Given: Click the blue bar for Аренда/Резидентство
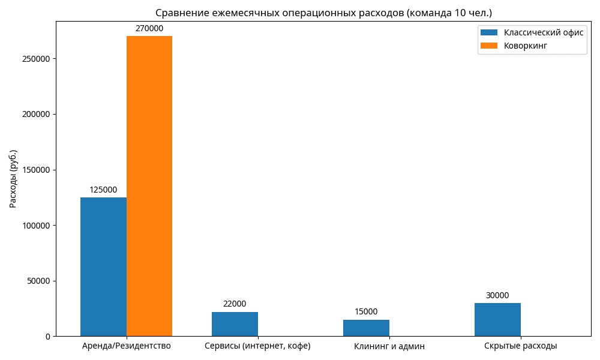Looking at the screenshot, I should [x=103, y=266].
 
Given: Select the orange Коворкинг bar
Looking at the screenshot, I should [x=149, y=186].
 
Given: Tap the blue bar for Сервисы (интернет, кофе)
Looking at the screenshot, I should [x=235, y=324].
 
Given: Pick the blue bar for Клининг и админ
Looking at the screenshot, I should [x=366, y=328].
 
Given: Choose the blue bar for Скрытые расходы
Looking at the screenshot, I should [x=497, y=319].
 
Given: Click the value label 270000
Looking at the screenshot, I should [x=149, y=28].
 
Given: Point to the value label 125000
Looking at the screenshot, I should [x=103, y=190].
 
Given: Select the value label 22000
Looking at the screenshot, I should [x=235, y=304].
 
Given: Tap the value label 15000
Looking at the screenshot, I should [x=366, y=312].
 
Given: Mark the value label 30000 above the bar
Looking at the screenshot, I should [x=497, y=295].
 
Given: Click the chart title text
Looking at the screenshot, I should [x=323, y=13].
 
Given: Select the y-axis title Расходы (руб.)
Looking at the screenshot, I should [x=13, y=179].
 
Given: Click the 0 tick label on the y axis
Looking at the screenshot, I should [x=47, y=337].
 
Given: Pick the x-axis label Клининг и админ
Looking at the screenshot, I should [x=389, y=346].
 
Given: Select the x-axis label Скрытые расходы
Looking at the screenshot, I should [x=520, y=346].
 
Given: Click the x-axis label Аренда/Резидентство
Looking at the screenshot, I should [x=127, y=346].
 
